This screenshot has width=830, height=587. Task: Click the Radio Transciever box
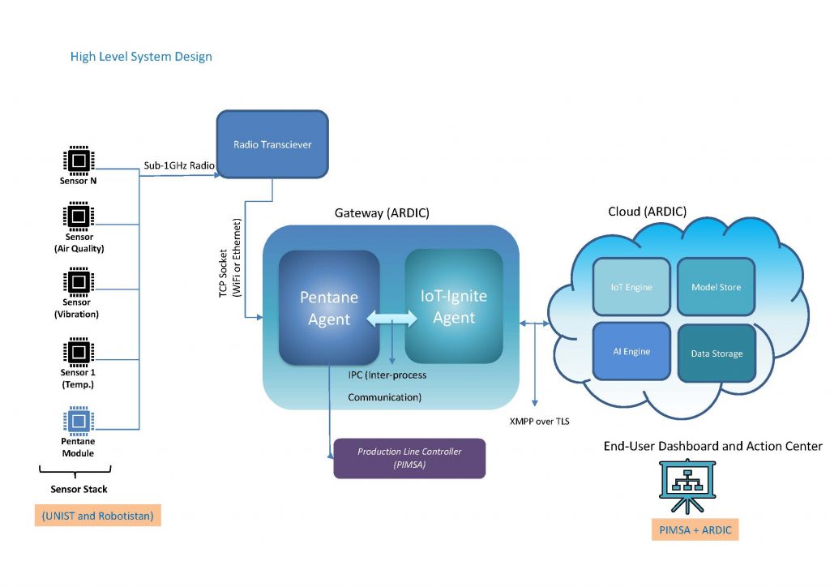[x=272, y=144]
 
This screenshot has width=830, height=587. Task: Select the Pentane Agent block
[x=329, y=308]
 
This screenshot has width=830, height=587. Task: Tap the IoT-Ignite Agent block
[x=454, y=306]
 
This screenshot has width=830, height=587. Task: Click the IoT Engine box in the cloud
[x=631, y=287]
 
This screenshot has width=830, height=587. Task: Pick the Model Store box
[x=716, y=287]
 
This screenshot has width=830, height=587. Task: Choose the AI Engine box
[x=631, y=351]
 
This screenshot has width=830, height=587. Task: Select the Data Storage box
[x=716, y=353]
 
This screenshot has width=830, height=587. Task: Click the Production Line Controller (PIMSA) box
[x=409, y=458]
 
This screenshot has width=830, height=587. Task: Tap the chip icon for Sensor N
[x=78, y=161]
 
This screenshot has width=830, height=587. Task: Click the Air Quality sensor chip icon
[x=78, y=216]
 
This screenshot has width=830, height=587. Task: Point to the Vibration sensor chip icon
[x=78, y=281]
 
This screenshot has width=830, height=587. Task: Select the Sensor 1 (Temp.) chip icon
[x=78, y=351]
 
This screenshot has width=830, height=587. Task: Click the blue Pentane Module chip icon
[x=78, y=420]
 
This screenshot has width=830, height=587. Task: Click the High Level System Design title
[x=141, y=57]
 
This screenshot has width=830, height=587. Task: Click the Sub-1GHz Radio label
[x=179, y=165]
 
